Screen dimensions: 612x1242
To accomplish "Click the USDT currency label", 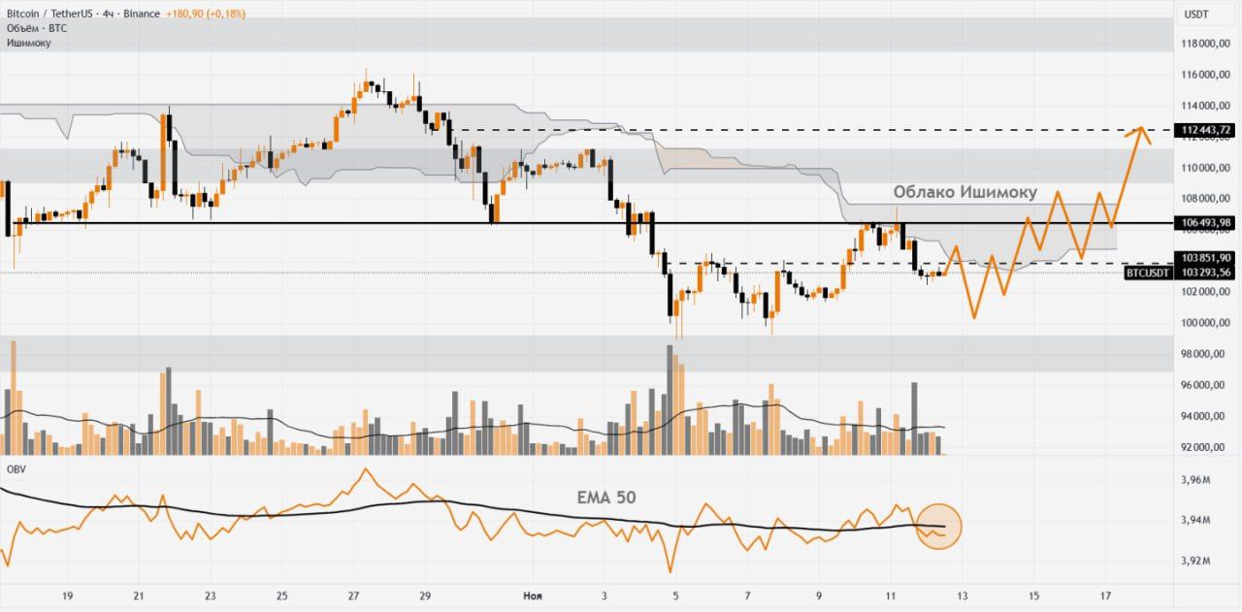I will [x=1195, y=15].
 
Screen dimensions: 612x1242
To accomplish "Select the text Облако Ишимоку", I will [x=964, y=192].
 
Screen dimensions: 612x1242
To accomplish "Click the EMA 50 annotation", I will [x=606, y=497].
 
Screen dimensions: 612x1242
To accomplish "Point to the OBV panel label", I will [x=16, y=469].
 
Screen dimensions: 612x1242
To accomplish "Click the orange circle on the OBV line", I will [x=938, y=527].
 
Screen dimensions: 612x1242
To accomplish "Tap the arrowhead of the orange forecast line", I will [x=1142, y=129].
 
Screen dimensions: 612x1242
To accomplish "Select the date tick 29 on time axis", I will [x=425, y=596].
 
